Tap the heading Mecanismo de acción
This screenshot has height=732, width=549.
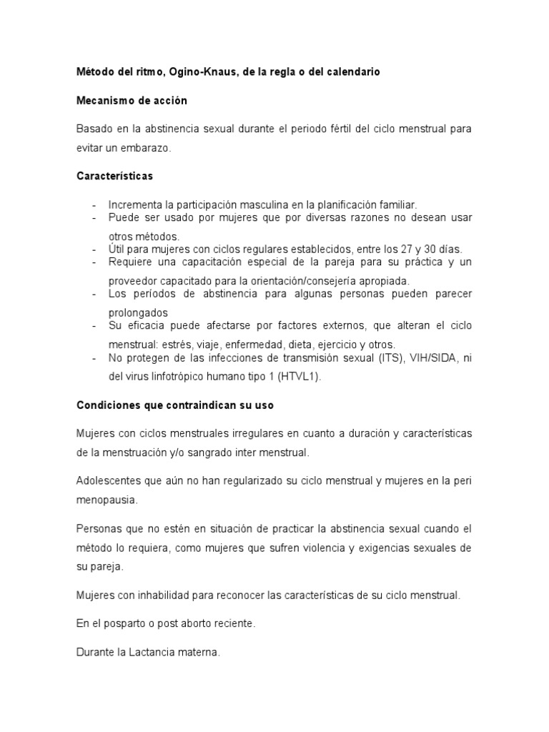pyautogui.click(x=132, y=101)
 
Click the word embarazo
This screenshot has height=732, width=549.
pyautogui.click(x=147, y=147)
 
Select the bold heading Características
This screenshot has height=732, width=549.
pyautogui.click(x=114, y=175)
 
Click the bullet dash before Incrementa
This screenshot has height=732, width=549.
pyautogui.click(x=94, y=204)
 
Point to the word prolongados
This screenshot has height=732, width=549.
pyautogui.click(x=138, y=312)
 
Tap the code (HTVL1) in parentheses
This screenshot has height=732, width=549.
pyautogui.click(x=293, y=376)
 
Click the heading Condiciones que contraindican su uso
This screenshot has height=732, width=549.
pyautogui.click(x=175, y=405)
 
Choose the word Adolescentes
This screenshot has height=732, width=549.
pyautogui.click(x=110, y=480)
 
